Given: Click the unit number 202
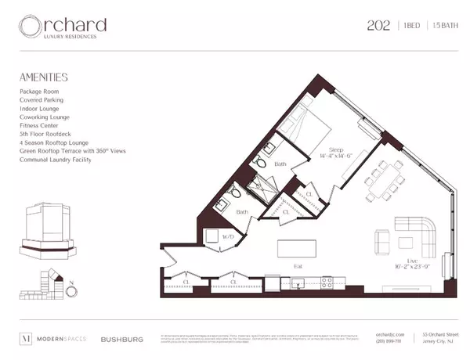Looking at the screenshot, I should pos(380,25).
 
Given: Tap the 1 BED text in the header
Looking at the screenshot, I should pos(414,25).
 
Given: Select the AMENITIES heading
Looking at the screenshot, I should pos(43,77).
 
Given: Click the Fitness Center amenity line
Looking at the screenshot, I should pos(41,125).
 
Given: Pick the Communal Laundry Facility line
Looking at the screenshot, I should pos(56,160).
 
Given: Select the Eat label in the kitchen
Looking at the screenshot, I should pos(298,266).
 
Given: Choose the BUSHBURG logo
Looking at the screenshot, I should pos(120,340).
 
